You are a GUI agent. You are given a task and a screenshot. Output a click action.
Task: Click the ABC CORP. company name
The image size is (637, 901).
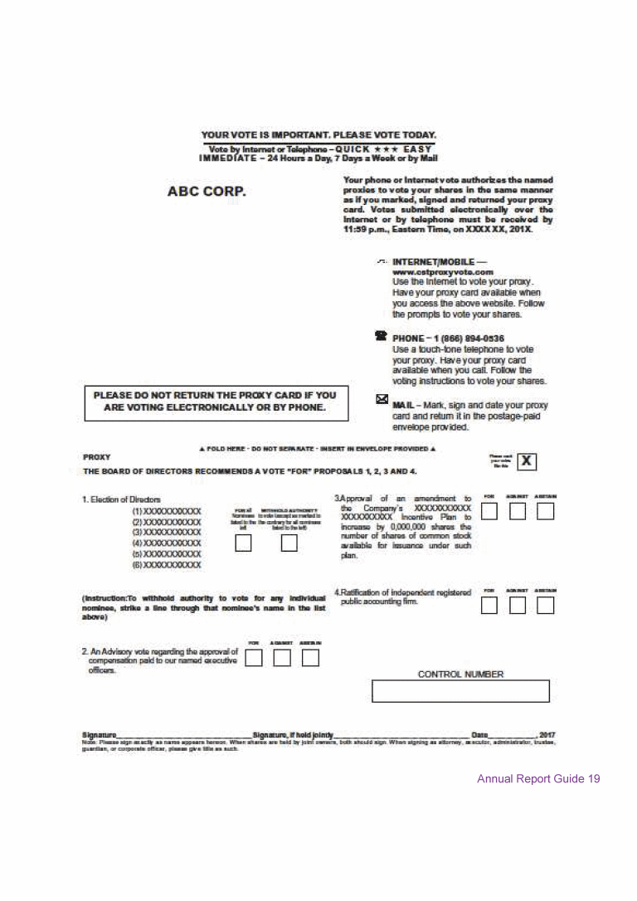(207, 192)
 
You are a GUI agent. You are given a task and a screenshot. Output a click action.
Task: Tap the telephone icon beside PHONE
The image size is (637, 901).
(381, 337)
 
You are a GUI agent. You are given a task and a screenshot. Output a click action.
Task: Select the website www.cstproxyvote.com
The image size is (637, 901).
(443, 271)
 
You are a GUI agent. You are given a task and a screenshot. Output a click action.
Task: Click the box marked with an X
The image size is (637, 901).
(528, 462)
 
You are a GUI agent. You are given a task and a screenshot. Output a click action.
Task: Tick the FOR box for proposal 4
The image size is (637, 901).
(489, 606)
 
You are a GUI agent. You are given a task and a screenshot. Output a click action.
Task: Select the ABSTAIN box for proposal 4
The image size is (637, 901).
(545, 606)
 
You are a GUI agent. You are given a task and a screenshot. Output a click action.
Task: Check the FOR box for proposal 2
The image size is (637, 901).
(255, 658)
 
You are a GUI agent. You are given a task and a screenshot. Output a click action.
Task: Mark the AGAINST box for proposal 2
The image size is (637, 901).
(283, 658)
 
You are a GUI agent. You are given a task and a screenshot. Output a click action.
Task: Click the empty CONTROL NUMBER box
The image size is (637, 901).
(460, 691)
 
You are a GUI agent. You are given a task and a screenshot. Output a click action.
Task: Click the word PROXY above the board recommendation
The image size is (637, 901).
(96, 457)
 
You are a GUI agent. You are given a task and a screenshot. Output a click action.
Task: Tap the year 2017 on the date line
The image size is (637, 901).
(547, 734)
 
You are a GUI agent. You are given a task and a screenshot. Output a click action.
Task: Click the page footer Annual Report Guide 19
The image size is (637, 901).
(537, 779)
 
